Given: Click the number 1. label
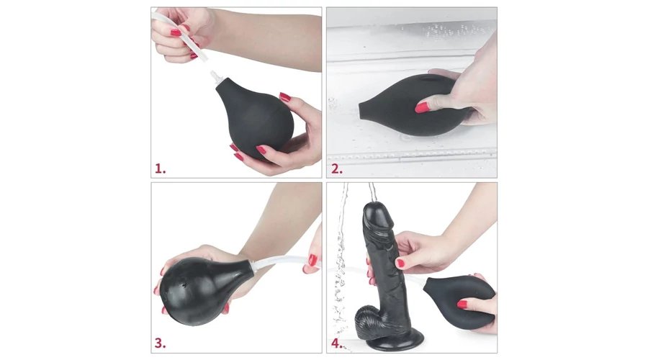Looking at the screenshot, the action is coord(161,168).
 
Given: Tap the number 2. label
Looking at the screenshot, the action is coord(337,168).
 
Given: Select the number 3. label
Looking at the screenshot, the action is coord(161,343).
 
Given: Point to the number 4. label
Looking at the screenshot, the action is coord(337,343).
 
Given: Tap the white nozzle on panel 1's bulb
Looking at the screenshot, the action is coord(216,76).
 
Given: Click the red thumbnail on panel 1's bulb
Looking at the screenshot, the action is coord(285,97).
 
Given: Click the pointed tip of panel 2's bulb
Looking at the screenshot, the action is coord(361,109).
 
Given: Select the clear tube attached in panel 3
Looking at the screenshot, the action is coord(285,261).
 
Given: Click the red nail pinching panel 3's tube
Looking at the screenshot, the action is coord(313,261).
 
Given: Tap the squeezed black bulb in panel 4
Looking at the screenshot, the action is coord(459,302).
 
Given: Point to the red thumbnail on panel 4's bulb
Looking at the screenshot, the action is coord(462,305).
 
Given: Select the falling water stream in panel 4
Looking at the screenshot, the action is coord(342,264).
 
